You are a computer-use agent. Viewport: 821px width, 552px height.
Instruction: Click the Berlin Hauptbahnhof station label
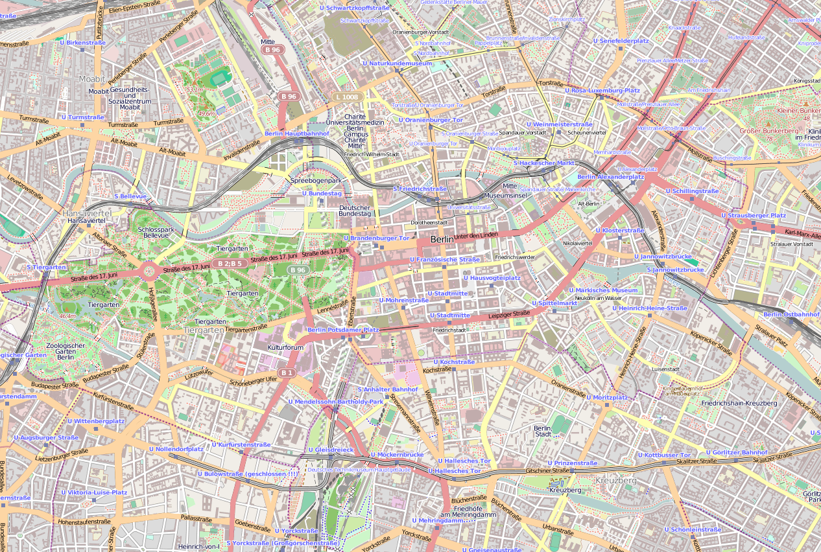296,133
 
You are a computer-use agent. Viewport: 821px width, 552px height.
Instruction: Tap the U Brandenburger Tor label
377,238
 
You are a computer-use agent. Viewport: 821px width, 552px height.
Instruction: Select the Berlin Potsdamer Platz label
343,330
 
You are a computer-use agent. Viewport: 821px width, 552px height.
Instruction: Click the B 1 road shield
288,373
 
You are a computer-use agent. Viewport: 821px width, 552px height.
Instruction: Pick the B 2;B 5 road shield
230,264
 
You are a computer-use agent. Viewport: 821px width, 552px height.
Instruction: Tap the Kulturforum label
285,348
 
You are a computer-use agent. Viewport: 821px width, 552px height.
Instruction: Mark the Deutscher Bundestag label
355,210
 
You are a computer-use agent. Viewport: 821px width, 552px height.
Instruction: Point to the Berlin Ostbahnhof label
791,314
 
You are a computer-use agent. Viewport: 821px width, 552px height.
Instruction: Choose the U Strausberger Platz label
753,215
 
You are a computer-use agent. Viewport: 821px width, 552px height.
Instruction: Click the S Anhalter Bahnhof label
388,389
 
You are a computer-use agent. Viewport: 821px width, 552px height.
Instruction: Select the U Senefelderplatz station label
621,41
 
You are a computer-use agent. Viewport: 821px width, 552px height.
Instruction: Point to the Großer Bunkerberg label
768,131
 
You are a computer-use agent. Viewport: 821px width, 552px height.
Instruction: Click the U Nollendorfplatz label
176,448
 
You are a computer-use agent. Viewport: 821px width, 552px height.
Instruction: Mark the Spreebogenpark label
315,180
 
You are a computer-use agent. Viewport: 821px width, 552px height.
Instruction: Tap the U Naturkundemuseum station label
397,63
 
